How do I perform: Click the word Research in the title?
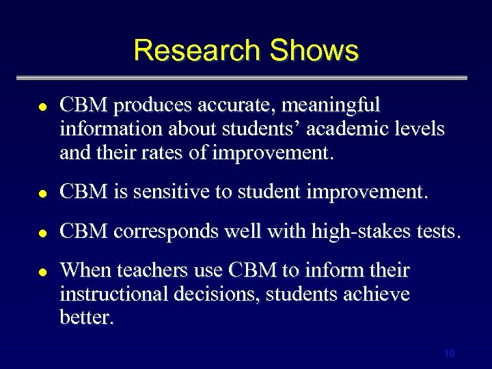click(x=197, y=51)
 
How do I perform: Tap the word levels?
click(x=420, y=128)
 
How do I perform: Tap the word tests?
click(x=436, y=232)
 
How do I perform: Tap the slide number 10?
click(x=449, y=353)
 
